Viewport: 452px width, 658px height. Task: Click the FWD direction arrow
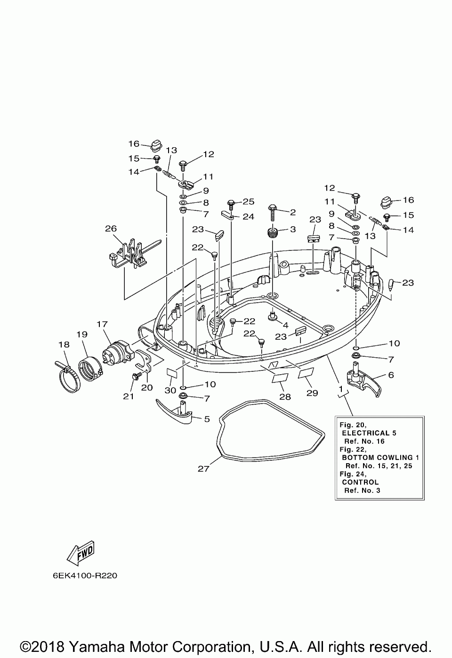click(x=80, y=553)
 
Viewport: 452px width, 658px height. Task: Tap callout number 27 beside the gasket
click(x=203, y=469)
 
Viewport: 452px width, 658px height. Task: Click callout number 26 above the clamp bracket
click(x=111, y=228)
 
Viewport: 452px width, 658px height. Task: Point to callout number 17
click(x=102, y=324)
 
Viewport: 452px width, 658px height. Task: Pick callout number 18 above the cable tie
click(x=64, y=344)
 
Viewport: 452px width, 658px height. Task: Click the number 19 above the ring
click(x=82, y=334)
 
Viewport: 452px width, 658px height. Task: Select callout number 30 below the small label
click(x=170, y=390)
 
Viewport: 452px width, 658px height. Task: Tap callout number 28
click(x=285, y=397)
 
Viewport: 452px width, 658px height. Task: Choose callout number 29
click(x=312, y=393)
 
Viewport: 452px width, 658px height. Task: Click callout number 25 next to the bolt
click(x=249, y=201)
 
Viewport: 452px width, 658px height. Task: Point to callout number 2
click(x=293, y=212)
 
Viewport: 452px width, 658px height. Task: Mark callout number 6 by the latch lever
click(x=391, y=375)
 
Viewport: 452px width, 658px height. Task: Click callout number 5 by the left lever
click(x=207, y=419)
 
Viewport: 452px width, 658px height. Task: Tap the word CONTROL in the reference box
click(x=360, y=482)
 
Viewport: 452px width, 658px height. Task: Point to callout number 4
click(x=286, y=325)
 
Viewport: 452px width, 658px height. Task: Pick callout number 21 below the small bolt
click(x=129, y=396)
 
